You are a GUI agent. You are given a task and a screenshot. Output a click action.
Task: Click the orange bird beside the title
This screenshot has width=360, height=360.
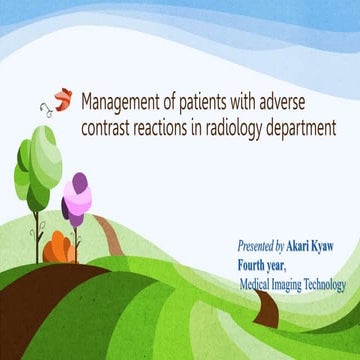pos(62,98)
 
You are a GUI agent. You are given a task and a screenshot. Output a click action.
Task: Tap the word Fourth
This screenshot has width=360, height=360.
pos(256,265)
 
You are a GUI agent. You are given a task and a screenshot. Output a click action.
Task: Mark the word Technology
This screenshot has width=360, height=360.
pos(332,284)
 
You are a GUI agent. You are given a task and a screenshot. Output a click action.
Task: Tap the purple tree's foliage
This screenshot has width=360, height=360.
pos(75,198)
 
